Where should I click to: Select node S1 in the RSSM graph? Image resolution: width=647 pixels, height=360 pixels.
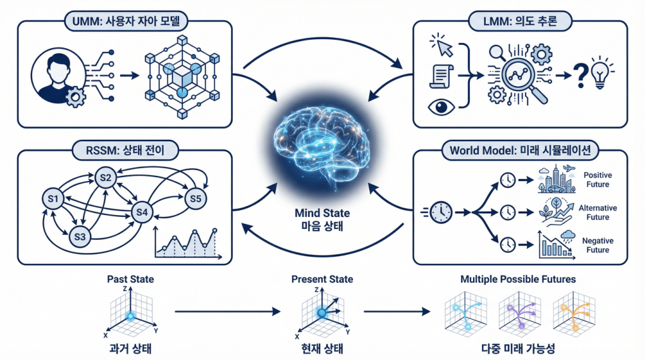tap(53, 201)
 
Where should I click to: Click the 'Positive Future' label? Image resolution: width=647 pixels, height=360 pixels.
tap(598, 180)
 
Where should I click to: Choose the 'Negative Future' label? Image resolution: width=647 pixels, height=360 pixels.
tap(598, 245)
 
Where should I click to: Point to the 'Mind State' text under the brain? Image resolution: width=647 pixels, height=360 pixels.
tap(323, 213)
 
